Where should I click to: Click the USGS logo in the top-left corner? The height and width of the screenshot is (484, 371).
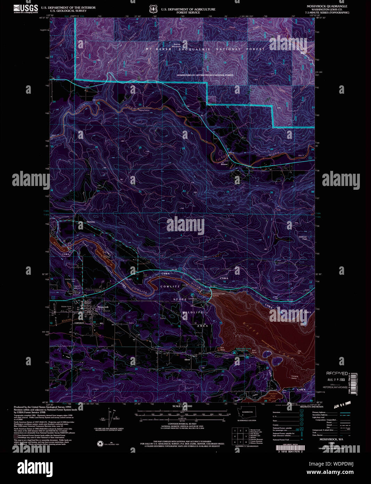click(x=26, y=8)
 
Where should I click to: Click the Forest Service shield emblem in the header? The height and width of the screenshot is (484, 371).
click(x=152, y=9)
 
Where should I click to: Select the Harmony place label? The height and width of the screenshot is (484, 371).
click(x=90, y=222)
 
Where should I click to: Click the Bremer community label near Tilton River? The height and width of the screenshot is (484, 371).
click(x=224, y=165)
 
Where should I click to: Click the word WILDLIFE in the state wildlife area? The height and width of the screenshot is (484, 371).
click(x=193, y=312)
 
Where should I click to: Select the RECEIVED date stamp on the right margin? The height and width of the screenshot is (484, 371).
click(x=337, y=373)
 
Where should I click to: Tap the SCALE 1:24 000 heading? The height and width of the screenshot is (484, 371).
click(x=182, y=406)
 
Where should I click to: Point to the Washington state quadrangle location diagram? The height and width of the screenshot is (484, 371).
click(x=247, y=413)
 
